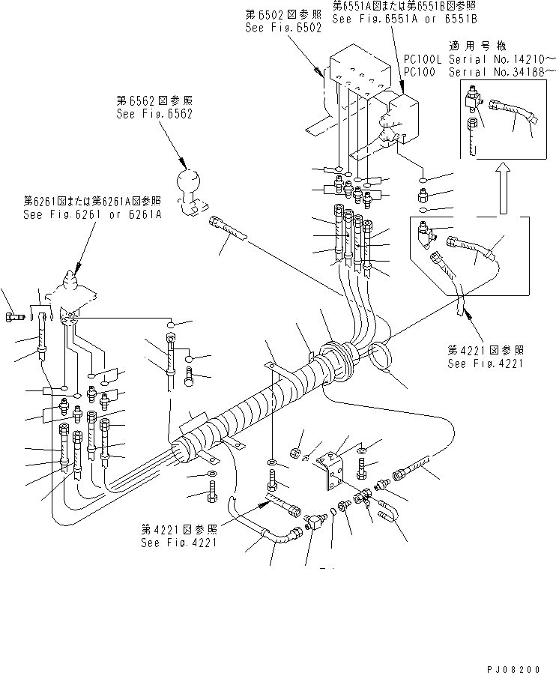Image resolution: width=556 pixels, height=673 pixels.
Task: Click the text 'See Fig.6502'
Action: coord(282,28)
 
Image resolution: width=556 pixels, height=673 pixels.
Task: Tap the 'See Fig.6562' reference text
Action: coord(154,115)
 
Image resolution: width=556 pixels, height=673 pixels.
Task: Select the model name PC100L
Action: coord(424,59)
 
